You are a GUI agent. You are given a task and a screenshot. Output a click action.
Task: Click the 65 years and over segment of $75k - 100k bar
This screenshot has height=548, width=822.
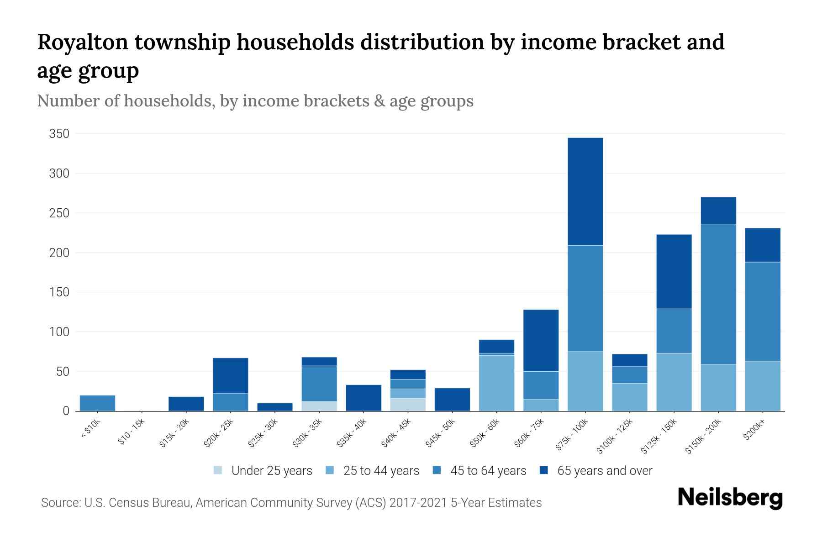point(585,191)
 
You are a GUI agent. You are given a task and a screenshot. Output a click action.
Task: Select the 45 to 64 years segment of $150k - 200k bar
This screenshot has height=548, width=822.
point(718,294)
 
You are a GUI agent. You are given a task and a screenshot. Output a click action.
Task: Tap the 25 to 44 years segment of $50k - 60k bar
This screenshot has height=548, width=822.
point(496,383)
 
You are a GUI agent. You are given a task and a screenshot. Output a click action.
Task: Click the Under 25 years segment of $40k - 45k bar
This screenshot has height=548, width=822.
point(408,405)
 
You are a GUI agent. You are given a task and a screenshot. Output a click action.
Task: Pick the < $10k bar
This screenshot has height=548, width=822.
point(97,403)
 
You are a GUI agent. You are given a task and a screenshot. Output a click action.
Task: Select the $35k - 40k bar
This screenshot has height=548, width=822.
point(364,398)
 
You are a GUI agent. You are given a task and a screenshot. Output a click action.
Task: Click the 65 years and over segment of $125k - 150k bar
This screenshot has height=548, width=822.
point(674,272)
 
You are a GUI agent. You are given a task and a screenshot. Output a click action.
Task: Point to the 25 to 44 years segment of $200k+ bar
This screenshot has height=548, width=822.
point(762,386)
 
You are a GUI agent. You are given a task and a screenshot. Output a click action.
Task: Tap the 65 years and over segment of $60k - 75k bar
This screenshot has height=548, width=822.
point(541,340)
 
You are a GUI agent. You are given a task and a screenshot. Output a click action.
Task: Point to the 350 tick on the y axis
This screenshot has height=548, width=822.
point(59,134)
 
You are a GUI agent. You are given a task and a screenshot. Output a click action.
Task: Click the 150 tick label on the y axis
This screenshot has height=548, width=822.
point(59,292)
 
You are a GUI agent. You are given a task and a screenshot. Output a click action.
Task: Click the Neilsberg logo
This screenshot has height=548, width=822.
point(730,498)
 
